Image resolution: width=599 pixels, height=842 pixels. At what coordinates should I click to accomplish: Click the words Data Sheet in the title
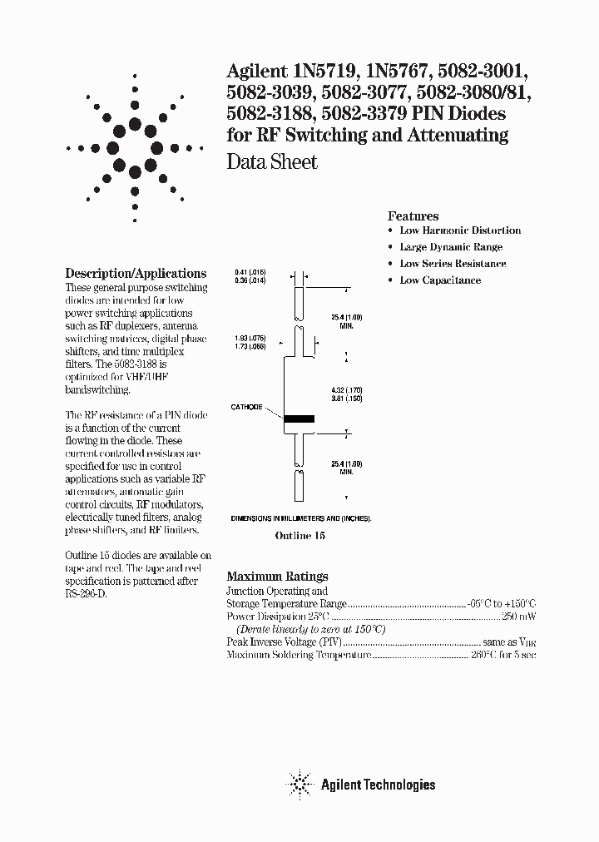tap(272, 162)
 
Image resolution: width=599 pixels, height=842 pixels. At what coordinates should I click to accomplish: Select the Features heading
tap(413, 215)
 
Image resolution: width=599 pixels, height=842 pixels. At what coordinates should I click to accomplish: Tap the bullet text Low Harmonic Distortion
tap(460, 230)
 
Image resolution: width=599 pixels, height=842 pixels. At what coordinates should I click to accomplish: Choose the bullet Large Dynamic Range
tap(451, 247)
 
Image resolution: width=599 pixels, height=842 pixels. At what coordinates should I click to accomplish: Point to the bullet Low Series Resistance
tap(453, 264)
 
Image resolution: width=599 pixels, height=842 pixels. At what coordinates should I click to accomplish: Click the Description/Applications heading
tap(136, 273)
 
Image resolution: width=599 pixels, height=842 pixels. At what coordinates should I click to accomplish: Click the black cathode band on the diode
tap(299, 419)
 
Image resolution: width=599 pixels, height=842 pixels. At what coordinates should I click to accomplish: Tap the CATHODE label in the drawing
tap(246, 408)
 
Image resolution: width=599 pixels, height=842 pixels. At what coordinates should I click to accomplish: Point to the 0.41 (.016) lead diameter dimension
tap(250, 273)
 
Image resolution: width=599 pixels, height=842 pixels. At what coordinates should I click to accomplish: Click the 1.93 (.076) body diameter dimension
tap(250, 339)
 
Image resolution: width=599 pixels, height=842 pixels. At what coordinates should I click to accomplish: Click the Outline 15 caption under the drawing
tap(299, 537)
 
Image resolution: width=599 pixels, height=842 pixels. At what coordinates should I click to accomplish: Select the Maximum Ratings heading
tap(277, 576)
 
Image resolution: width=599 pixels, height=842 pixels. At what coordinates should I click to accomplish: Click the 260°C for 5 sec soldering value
tap(503, 656)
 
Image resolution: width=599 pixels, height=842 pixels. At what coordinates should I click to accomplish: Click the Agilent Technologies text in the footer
tap(379, 784)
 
